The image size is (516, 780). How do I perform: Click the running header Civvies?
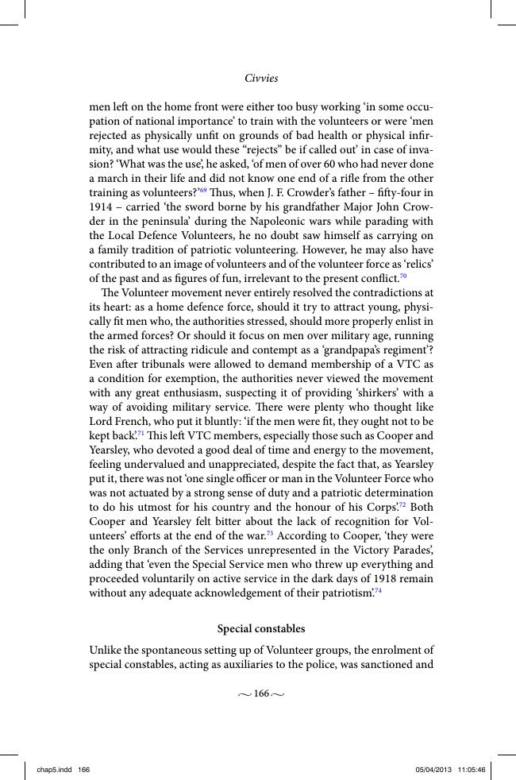(261, 79)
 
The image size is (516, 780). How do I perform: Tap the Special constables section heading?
(261, 628)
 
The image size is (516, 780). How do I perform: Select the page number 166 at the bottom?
(261, 693)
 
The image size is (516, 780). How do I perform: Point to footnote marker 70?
(402, 276)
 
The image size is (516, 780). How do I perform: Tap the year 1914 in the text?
(103, 207)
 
